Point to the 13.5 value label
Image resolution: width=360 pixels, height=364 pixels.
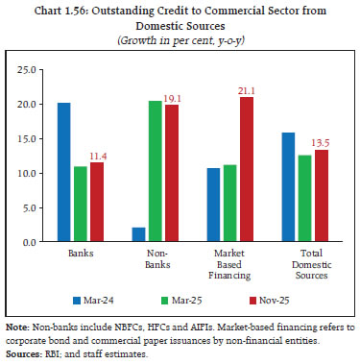[324, 140]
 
